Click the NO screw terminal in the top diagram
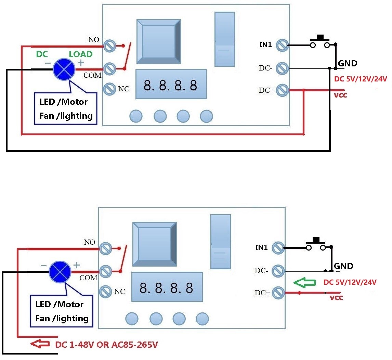(110, 46)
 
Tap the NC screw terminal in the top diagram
(110, 89)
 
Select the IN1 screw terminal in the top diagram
(282, 45)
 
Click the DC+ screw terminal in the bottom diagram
(278, 293)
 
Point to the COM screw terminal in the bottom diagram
(106, 271)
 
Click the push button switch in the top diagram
(320, 42)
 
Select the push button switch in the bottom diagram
(316, 244)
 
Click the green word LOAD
(81, 54)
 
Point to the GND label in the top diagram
(348, 63)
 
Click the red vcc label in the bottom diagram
(336, 298)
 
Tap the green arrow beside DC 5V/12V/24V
(305, 283)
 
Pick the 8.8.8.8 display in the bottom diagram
(167, 288)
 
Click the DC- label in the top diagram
(265, 68)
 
